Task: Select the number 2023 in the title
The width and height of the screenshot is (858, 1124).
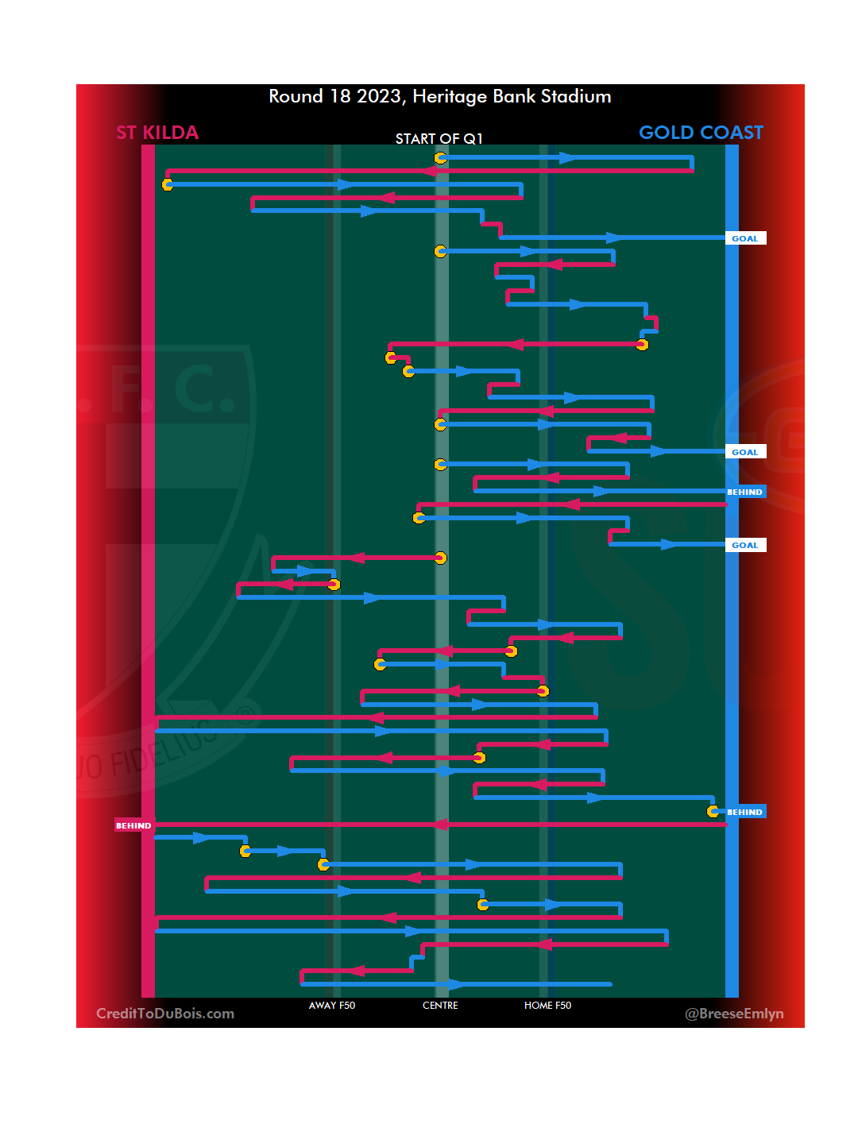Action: point(378,97)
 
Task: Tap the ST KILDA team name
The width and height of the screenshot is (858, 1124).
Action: point(157,133)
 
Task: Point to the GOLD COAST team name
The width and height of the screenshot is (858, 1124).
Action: point(701,133)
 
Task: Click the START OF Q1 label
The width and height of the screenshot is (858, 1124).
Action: point(439,139)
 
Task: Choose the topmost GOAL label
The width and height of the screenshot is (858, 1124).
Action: point(744,238)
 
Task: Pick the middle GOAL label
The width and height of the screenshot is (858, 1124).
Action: point(744,452)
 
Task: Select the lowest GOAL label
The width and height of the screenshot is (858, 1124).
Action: point(744,545)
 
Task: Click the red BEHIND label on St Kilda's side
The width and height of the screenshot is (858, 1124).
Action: point(133,825)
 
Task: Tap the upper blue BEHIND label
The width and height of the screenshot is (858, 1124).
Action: point(744,492)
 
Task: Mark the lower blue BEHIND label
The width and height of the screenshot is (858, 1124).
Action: point(744,812)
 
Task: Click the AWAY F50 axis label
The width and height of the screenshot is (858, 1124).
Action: point(332,1006)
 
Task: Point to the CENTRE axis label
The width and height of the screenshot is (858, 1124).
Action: point(440,1006)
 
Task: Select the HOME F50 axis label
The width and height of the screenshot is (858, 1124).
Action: point(547,1006)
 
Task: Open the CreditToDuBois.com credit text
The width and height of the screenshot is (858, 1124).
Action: point(165,1014)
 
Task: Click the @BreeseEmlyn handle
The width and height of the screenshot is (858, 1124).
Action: point(734,1014)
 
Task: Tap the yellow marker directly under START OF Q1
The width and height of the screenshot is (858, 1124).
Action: point(440,158)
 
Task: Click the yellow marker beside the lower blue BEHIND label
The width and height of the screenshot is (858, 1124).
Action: point(713,811)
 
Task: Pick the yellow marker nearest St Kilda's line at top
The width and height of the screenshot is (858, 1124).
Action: point(168,184)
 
